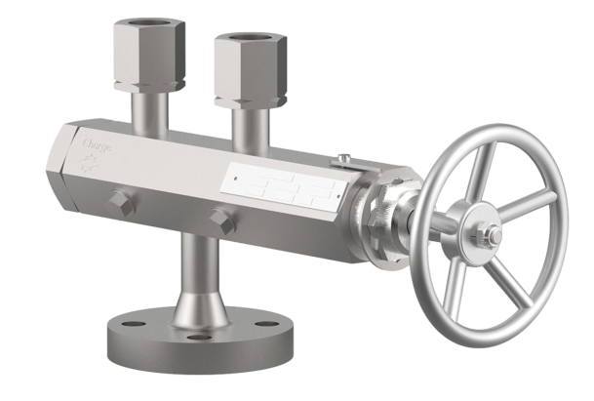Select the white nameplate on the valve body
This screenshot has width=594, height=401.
[284, 182]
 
